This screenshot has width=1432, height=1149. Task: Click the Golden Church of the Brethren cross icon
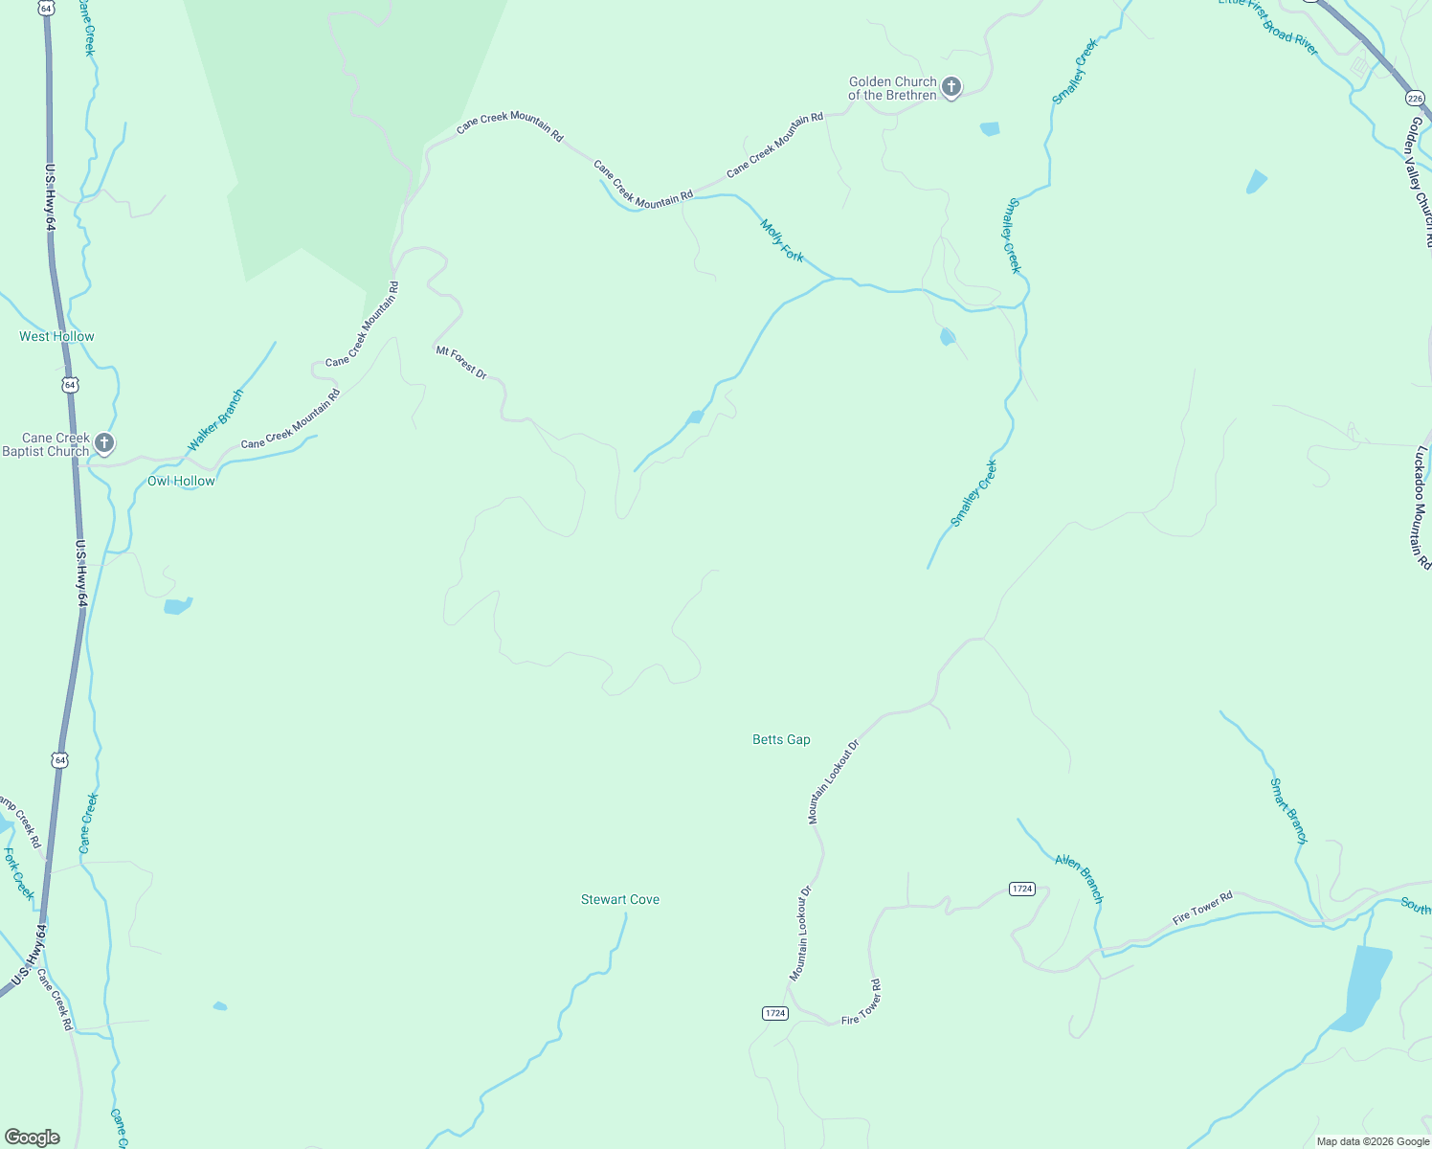coord(951,88)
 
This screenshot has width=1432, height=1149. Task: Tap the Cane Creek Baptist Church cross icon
coord(104,443)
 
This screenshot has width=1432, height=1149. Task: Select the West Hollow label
coord(57,336)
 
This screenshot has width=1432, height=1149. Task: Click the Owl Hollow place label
coord(181,481)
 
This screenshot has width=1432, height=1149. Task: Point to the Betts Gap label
coord(781,739)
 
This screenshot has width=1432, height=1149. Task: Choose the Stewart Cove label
coord(620,899)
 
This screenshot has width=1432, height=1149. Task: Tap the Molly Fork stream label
coord(782,240)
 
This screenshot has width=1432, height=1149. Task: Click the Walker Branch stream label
coord(215,419)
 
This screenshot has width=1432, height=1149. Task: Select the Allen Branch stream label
coord(1080,878)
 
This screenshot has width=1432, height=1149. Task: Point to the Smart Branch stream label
coord(1288,810)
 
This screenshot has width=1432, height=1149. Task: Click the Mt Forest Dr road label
coord(461,363)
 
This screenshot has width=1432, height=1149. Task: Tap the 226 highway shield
coord(1415,98)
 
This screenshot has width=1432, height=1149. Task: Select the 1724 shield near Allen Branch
coord(1022,889)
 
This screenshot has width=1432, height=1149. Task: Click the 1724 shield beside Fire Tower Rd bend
coord(775,1013)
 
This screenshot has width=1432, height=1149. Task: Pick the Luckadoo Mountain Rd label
coord(1420,507)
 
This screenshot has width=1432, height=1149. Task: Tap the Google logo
coord(33,1138)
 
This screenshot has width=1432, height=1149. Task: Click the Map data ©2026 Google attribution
coord(1373,1141)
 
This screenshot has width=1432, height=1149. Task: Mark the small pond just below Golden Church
coord(990,128)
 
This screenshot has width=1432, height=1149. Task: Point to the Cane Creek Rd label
coord(55,999)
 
